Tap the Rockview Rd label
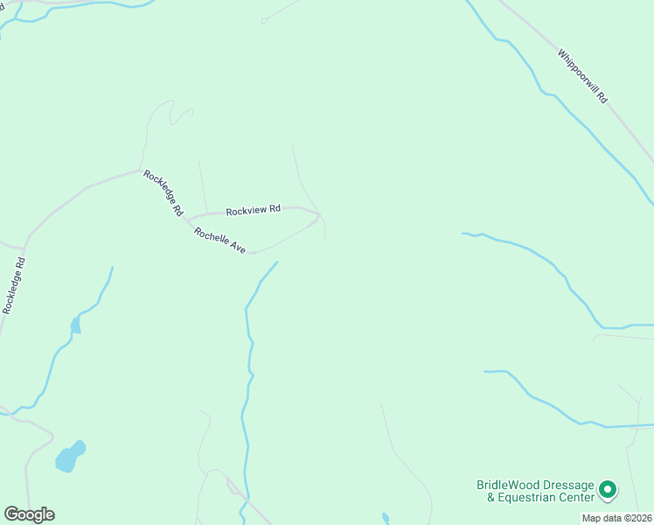253,210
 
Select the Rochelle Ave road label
220,240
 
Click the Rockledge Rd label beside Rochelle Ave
163,192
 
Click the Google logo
29,514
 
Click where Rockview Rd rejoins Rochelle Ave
319,215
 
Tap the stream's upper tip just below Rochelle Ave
278,262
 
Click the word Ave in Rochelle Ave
238,248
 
